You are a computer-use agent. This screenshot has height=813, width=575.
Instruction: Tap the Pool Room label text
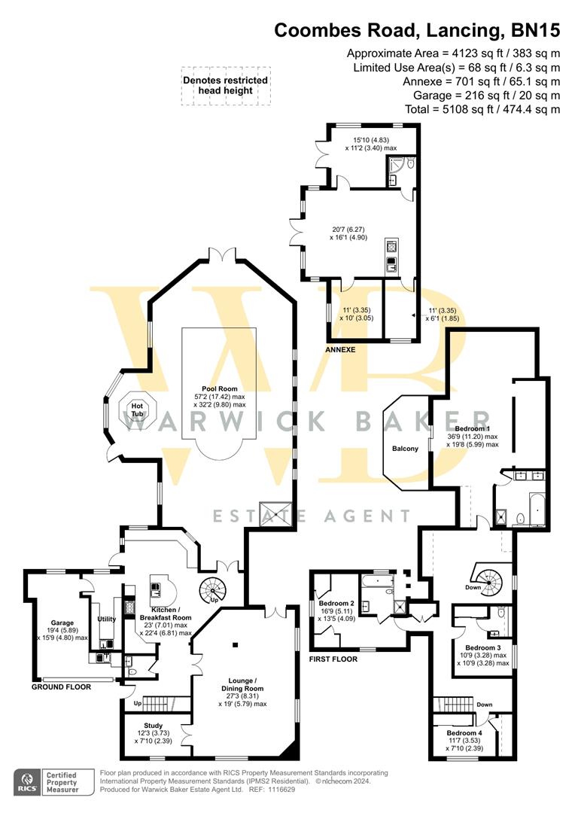[218, 388]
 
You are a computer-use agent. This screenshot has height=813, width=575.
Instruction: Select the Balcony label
[405, 449]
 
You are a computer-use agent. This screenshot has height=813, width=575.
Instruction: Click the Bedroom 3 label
[482, 648]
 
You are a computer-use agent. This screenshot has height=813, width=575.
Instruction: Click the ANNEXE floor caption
[340, 350]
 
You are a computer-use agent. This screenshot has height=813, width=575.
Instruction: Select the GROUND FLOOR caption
[61, 687]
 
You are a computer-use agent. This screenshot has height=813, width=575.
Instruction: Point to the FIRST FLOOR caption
[333, 659]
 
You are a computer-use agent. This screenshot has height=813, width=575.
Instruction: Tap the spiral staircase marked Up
[210, 589]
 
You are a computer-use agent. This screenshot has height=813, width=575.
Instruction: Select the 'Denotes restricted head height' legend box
[224, 85]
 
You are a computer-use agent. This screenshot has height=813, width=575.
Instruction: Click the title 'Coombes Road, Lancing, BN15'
[417, 31]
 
